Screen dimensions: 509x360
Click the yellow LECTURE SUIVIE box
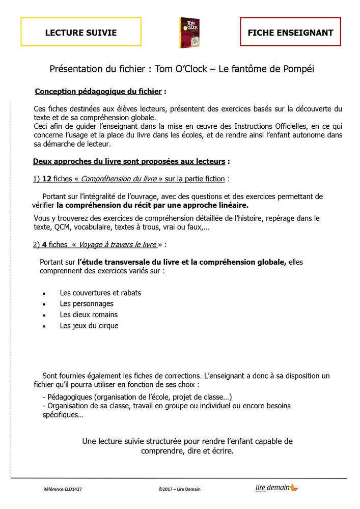click(81, 33)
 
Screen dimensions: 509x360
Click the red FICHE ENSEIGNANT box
click(290, 33)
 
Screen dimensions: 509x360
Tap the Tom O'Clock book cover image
click(189, 33)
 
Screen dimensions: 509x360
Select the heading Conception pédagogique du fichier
click(98, 92)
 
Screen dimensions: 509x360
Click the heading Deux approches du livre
click(129, 162)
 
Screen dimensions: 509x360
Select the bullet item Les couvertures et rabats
click(100, 293)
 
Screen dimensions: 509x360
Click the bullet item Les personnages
click(87, 304)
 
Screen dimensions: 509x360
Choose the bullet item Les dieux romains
click(89, 315)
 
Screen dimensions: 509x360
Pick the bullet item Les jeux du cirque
click(89, 326)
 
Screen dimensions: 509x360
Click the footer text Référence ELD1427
click(63, 489)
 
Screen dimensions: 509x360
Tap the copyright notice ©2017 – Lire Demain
click(180, 489)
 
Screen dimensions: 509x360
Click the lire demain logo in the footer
click(276, 488)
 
